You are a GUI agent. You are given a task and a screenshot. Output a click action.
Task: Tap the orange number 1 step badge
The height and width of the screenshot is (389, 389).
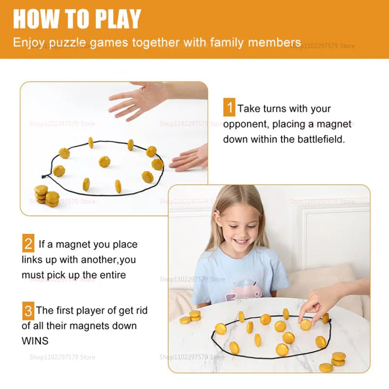point(229,107)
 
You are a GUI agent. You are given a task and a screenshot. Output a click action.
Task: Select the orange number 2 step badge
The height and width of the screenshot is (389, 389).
point(28,244)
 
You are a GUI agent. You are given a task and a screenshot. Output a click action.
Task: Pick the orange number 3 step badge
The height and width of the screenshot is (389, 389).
point(28,310)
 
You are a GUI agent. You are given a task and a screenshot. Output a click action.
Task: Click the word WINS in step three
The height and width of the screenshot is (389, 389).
point(35,341)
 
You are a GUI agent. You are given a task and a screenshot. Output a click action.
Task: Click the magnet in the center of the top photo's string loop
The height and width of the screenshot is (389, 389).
point(104,161)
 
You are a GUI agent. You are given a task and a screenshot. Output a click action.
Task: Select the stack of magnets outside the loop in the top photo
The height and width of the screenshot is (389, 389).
point(46,195)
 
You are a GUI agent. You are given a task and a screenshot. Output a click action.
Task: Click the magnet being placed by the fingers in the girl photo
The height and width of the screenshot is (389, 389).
point(305,324)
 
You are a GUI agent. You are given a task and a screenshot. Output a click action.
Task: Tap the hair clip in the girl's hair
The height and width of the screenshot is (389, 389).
point(217,212)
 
